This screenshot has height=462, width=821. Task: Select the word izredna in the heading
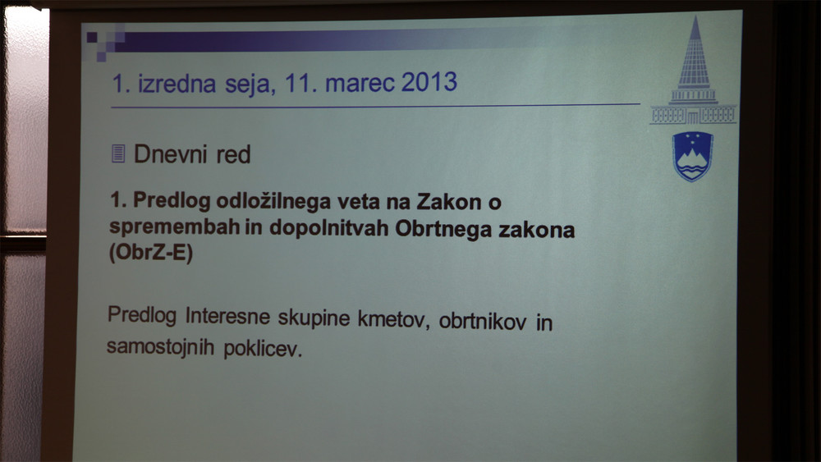[x=177, y=84]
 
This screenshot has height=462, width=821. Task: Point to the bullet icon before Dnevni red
[x=118, y=153]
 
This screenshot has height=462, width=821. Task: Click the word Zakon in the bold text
[x=449, y=202]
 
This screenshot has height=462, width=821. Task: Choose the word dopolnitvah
[x=328, y=229]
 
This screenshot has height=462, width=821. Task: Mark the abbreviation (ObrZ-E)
[x=151, y=252]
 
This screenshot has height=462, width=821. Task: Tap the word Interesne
[x=227, y=316]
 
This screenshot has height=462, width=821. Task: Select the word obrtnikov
[x=482, y=321]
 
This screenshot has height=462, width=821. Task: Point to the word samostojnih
[x=160, y=347]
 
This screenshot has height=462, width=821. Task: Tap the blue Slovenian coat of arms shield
[x=693, y=156]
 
